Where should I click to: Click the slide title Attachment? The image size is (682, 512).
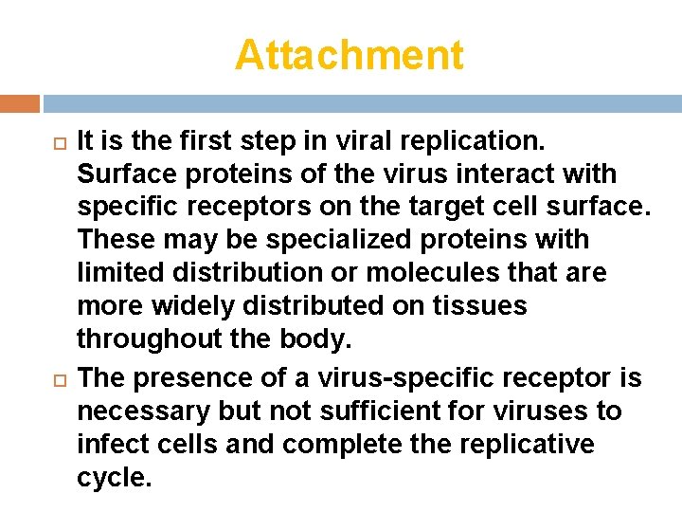[350, 55]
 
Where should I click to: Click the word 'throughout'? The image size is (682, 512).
[146, 339]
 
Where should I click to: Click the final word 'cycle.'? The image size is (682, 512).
[114, 478]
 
